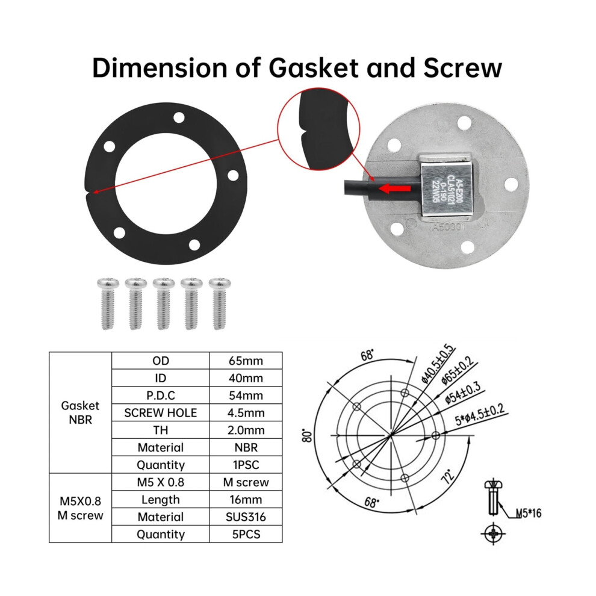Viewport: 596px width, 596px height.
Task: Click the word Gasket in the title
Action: pyautogui.click(x=313, y=68)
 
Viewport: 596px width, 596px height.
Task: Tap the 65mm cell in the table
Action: pyautogui.click(x=246, y=361)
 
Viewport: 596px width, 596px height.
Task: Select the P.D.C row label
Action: pyautogui.click(x=160, y=396)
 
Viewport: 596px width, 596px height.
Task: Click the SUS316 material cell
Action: pyautogui.click(x=246, y=517)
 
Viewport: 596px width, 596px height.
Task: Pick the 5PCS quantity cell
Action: pyautogui.click(x=246, y=535)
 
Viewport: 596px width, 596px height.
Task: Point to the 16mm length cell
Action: pyautogui.click(x=246, y=500)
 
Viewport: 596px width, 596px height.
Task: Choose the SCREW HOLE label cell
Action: pyautogui.click(x=160, y=413)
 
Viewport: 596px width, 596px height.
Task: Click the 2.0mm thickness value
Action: pyautogui.click(x=246, y=430)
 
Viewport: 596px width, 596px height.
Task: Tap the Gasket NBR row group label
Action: pyautogui.click(x=80, y=413)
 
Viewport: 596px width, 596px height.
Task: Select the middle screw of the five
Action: pyautogui.click(x=164, y=303)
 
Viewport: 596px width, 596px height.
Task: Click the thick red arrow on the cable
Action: pyautogui.click(x=395, y=188)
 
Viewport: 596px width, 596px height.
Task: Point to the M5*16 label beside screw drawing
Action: pyautogui.click(x=529, y=514)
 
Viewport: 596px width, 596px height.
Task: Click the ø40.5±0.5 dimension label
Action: pyautogui.click(x=438, y=364)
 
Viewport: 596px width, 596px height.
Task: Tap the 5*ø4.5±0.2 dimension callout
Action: pyautogui.click(x=480, y=415)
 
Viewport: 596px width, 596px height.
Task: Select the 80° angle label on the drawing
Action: pyautogui.click(x=307, y=436)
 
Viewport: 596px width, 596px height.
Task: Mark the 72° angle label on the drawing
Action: pyautogui.click(x=448, y=476)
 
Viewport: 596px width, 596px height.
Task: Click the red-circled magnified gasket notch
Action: pyautogui.click(x=318, y=129)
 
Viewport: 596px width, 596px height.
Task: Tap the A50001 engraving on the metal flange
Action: pyautogui.click(x=449, y=227)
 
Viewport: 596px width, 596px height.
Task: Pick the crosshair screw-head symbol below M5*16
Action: pyautogui.click(x=494, y=533)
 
